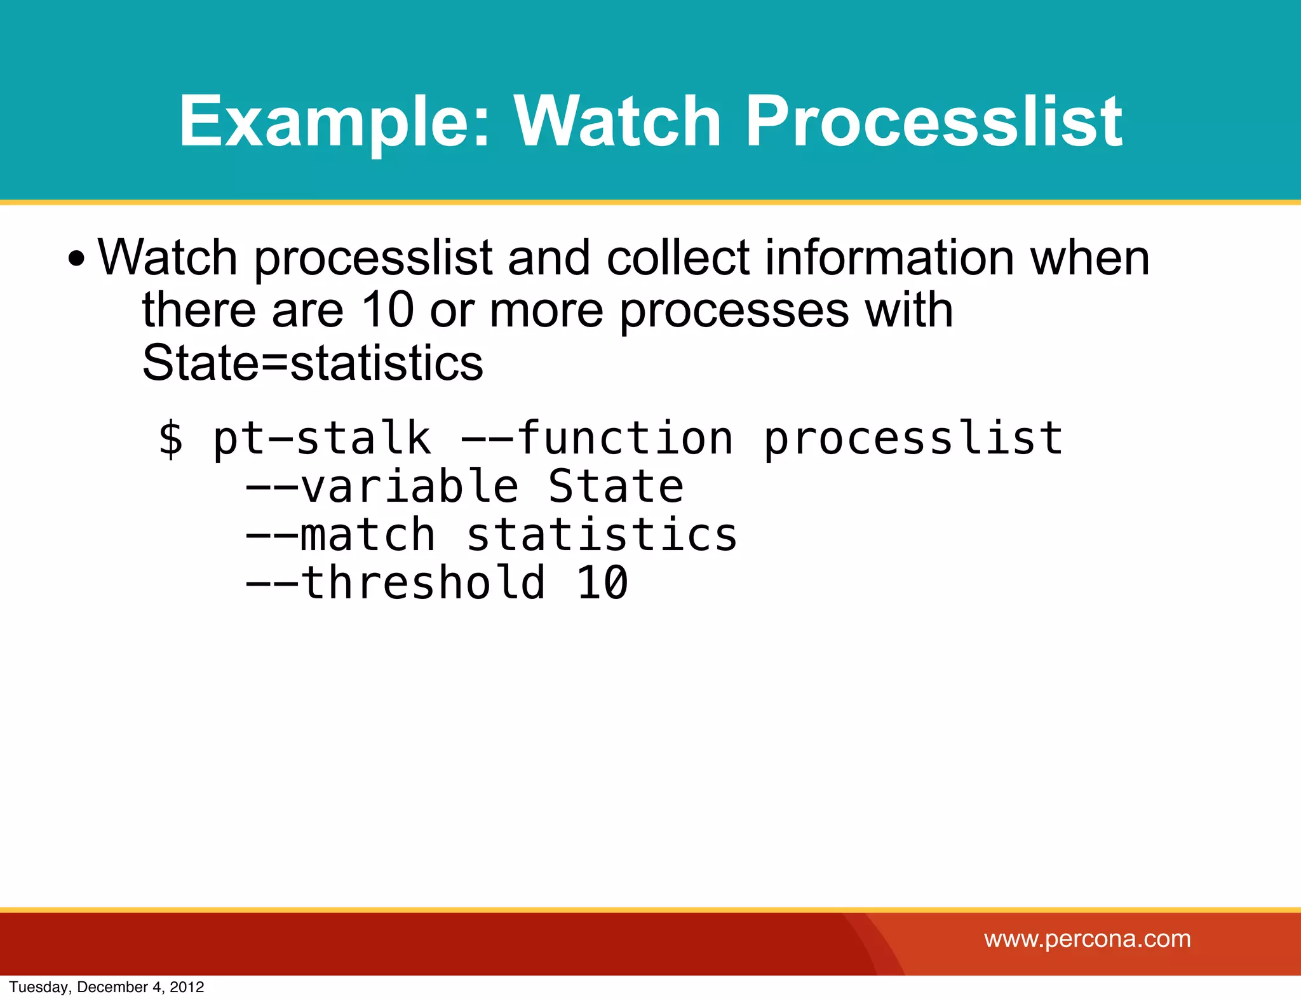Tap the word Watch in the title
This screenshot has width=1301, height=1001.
[617, 121]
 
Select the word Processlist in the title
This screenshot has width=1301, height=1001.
[933, 121]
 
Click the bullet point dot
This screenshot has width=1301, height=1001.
[76, 259]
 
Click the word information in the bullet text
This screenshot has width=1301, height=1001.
[889, 258]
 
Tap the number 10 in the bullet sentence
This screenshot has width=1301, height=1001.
[388, 310]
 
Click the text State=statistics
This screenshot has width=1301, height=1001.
[313, 363]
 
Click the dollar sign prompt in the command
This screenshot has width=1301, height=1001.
[171, 438]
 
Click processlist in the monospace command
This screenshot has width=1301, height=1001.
[913, 440]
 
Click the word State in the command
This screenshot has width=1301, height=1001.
[616, 487]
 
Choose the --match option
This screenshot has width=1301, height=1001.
[340, 535]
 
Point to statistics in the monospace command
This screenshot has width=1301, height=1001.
[602, 535]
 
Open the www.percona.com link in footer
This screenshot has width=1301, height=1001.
[1087, 939]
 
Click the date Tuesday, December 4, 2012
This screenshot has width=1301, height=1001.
[107, 987]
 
